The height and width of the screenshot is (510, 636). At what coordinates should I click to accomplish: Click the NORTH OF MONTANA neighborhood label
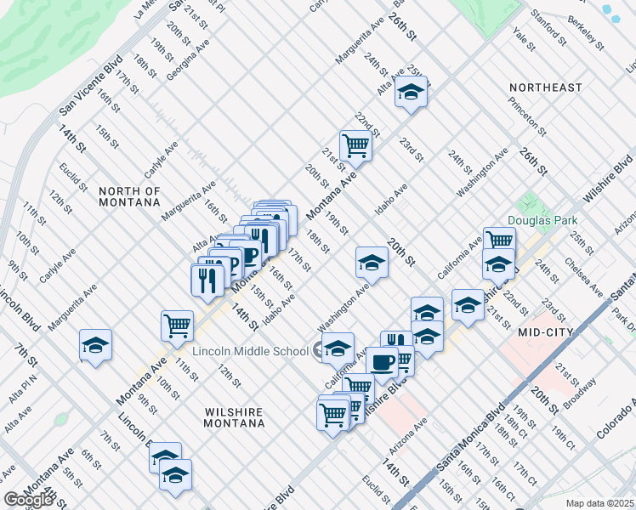tap(129, 196)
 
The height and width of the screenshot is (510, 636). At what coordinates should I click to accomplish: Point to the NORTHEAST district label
tap(546, 88)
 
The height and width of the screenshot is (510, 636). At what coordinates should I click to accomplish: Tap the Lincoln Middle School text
tap(249, 351)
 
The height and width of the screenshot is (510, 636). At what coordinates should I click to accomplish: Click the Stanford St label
tap(548, 29)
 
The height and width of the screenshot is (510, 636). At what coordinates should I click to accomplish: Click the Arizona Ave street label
tap(408, 436)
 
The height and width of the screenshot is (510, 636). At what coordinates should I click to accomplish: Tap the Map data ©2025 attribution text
tap(600, 503)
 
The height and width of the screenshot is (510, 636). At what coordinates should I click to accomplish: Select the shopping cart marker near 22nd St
tap(355, 145)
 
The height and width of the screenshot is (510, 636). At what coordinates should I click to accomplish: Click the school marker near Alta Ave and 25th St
tap(411, 93)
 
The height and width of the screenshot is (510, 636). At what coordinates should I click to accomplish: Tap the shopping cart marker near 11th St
tap(176, 325)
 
